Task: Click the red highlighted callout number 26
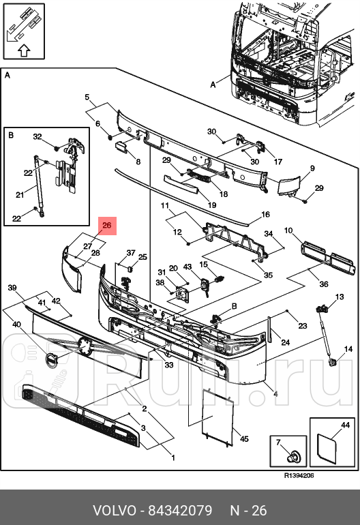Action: pyautogui.click(x=107, y=225)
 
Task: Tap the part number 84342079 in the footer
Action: pyautogui.click(x=180, y=511)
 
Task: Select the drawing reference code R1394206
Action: pyautogui.click(x=299, y=476)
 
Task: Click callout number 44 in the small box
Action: pyautogui.click(x=345, y=425)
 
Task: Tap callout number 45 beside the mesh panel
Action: pyautogui.click(x=245, y=438)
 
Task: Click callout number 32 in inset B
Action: pyautogui.click(x=37, y=136)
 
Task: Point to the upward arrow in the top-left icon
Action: pyautogui.click(x=24, y=50)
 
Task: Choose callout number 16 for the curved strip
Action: pyautogui.click(x=265, y=214)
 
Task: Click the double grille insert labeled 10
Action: pyautogui.click(x=328, y=257)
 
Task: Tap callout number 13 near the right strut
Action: pyautogui.click(x=340, y=297)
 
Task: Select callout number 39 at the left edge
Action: pyautogui.click(x=12, y=288)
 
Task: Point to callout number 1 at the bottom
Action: pyautogui.click(x=173, y=457)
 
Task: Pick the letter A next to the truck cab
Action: pyautogui.click(x=213, y=85)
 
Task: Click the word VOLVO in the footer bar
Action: pyautogui.click(x=115, y=511)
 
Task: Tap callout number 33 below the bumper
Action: pyautogui.click(x=169, y=364)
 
